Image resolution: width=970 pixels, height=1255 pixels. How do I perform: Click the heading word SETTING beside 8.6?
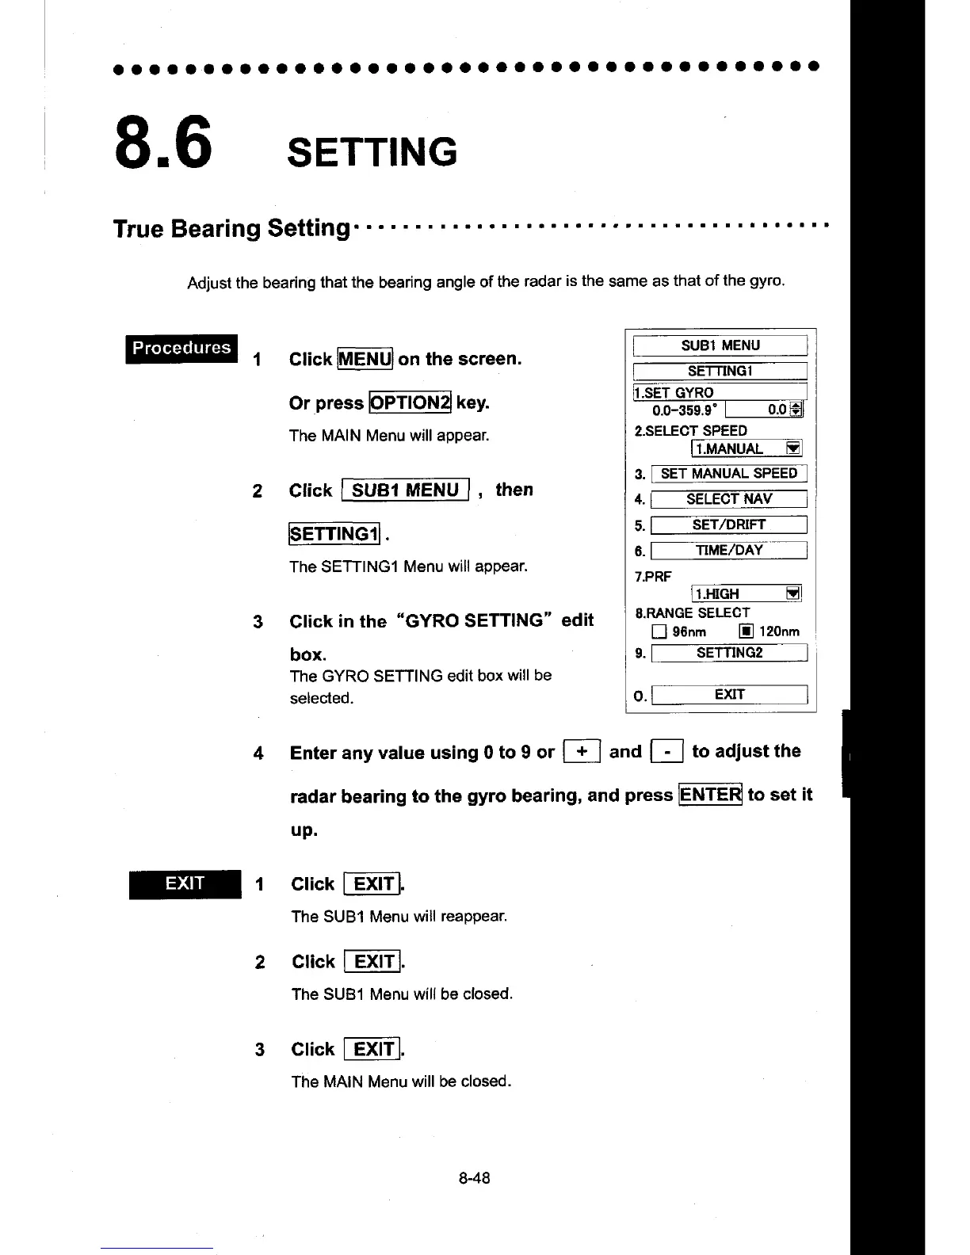tap(372, 151)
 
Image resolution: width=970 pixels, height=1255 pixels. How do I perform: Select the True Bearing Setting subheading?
tap(231, 228)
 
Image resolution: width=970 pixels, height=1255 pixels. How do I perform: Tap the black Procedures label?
tap(181, 348)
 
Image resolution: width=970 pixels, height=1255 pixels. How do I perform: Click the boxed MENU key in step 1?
tap(365, 359)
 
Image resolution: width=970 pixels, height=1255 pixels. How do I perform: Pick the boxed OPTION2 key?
tap(410, 402)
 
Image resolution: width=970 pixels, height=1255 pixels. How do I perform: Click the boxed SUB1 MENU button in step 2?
tap(405, 490)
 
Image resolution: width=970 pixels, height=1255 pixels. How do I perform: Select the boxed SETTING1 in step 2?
tap(334, 534)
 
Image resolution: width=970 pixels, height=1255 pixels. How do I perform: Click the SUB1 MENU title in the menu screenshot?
tap(720, 345)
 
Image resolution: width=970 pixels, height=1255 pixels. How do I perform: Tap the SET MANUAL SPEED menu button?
tap(728, 474)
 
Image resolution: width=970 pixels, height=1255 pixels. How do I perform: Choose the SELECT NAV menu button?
tap(728, 499)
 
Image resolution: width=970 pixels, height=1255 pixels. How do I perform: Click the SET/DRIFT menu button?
tap(728, 525)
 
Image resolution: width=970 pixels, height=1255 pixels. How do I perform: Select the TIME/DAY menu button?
tap(728, 551)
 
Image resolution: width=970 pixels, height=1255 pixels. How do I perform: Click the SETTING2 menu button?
tap(728, 653)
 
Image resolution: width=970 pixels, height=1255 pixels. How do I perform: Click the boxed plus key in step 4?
tap(582, 751)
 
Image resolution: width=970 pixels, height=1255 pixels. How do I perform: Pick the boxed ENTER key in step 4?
tap(710, 794)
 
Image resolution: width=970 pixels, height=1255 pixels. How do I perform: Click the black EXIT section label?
tap(185, 883)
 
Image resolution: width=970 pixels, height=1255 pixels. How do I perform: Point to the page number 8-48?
tap(474, 1178)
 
